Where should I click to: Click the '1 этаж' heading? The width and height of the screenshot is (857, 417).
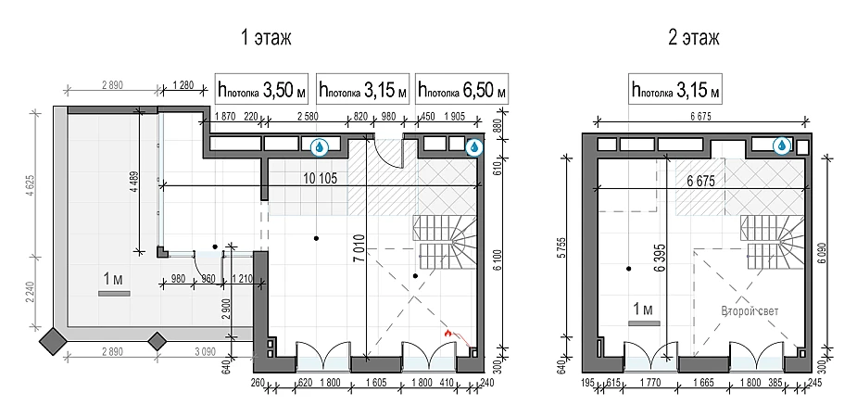pyautogui.click(x=266, y=38)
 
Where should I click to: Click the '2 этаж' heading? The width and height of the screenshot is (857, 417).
pyautogui.click(x=694, y=38)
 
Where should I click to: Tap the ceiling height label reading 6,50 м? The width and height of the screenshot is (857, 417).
pyautogui.click(x=461, y=89)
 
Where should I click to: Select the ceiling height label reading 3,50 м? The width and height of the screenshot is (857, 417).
pyautogui.click(x=262, y=89)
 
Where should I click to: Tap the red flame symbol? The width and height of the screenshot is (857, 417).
pyautogui.click(x=448, y=333)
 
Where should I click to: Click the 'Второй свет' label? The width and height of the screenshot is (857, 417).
pyautogui.click(x=750, y=311)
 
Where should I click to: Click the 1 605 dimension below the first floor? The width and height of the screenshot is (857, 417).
pyautogui.click(x=375, y=384)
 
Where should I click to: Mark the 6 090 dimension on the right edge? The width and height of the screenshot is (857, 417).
pyautogui.click(x=835, y=255)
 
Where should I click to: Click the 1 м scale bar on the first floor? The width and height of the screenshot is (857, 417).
pyautogui.click(x=114, y=294)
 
